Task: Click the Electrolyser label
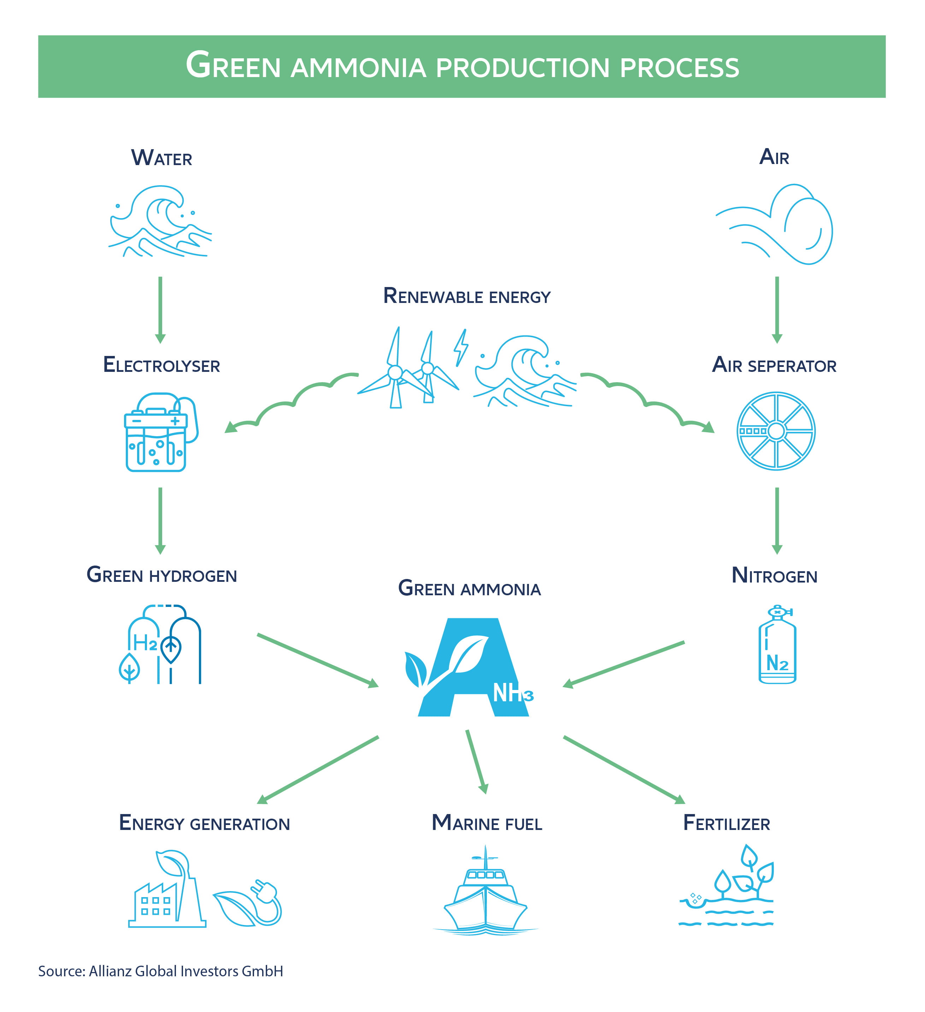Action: coord(161,365)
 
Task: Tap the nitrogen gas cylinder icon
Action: coord(777,644)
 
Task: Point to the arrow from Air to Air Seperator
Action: coord(777,310)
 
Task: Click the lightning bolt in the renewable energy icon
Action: coord(461,347)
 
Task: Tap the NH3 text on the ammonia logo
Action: coord(513,693)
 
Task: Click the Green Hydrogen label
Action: coord(161,575)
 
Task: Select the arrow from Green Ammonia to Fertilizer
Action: coord(624,770)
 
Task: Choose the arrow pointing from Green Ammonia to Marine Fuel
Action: coord(476,762)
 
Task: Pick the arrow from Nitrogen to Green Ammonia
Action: coord(623,664)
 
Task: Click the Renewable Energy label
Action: coord(467,296)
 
